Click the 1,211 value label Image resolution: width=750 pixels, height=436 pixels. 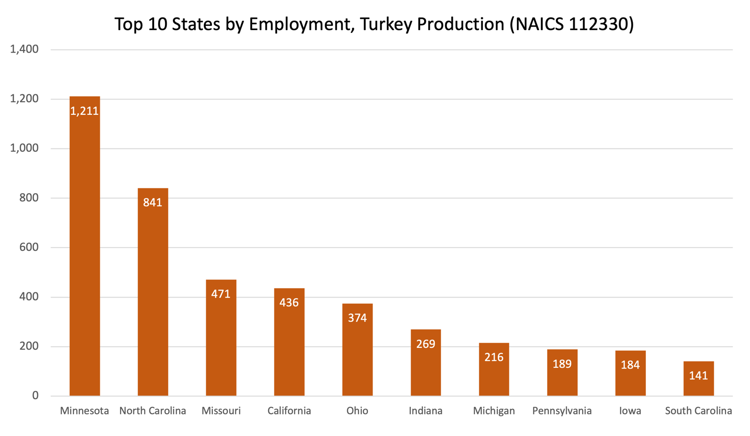coord(84,111)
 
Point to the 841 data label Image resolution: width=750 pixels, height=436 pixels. coord(153,203)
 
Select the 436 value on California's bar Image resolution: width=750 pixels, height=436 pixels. coord(289,303)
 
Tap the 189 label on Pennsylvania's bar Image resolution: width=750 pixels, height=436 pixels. coord(562,364)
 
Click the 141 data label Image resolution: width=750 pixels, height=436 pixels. coord(698,376)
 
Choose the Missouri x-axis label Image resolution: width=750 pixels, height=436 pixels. coord(221,411)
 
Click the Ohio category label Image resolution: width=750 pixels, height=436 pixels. coord(357,411)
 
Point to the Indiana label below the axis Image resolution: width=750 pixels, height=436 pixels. coord(426,411)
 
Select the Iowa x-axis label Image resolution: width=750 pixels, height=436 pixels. coord(630,411)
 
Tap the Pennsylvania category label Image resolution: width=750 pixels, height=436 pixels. coord(562,411)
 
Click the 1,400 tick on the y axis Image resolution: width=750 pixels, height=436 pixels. coord(24,49)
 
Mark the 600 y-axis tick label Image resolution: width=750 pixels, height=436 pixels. coord(29,248)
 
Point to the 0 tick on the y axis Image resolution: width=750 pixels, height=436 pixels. coord(35,396)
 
